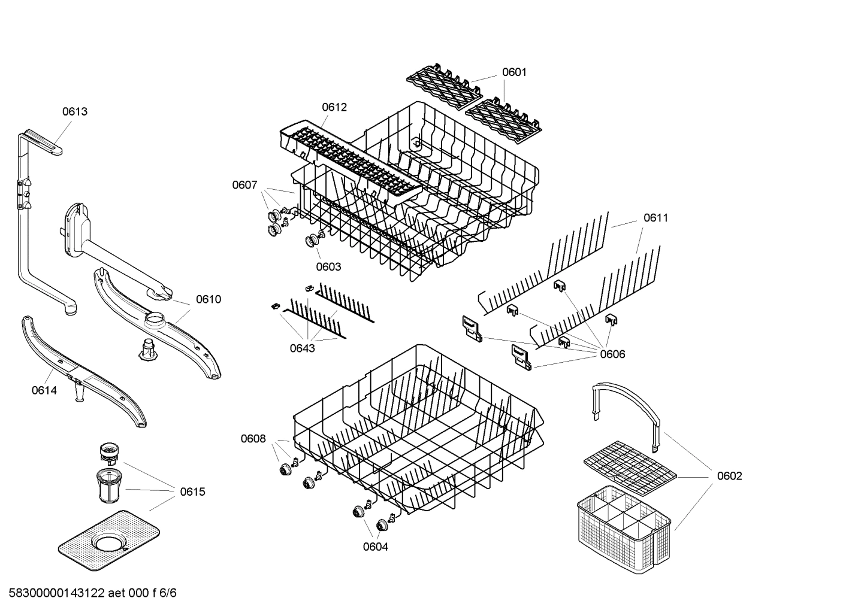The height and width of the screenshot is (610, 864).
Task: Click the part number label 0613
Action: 75,111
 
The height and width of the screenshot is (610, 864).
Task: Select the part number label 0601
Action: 514,72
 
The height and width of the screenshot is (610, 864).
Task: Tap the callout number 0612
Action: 334,107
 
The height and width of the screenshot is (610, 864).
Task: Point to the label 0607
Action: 244,185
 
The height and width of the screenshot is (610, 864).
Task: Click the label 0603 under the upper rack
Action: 328,266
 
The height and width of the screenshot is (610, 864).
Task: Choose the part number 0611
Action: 655,218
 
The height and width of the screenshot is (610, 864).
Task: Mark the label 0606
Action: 612,354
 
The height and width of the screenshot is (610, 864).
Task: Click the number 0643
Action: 302,348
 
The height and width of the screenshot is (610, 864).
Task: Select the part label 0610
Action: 208,299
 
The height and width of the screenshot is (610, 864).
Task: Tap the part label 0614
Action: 44,391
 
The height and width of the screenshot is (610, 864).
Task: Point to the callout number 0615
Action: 192,492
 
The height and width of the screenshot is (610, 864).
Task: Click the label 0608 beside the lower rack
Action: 253,439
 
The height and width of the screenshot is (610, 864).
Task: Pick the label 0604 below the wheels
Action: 375,547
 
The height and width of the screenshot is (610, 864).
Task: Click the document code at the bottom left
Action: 93,593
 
